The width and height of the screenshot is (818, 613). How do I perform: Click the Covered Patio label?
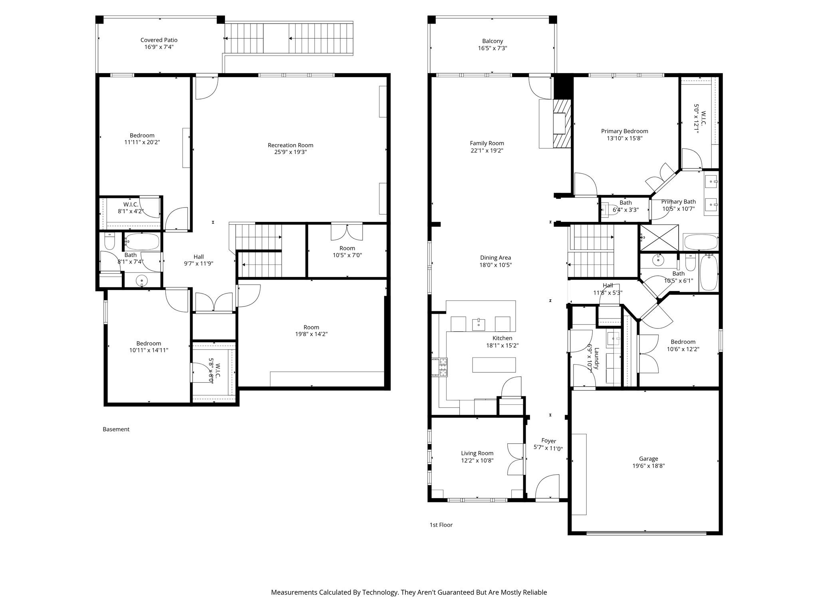159,40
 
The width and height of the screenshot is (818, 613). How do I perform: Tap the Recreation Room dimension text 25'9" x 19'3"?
290,152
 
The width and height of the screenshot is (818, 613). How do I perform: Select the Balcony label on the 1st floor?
492,41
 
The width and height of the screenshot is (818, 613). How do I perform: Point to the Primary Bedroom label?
624,131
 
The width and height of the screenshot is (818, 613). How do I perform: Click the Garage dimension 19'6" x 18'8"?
648,466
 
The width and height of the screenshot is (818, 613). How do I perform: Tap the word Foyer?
548,441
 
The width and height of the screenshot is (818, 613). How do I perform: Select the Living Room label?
477,453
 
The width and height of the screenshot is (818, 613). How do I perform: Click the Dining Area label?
495,258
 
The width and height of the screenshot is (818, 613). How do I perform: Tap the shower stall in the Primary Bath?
659,238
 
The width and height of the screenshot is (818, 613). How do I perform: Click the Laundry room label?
596,358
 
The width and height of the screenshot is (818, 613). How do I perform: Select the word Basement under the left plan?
116,429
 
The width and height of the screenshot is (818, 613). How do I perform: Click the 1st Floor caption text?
441,525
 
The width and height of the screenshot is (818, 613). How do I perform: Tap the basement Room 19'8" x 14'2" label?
311,327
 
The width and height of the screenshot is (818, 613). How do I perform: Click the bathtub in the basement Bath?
142,241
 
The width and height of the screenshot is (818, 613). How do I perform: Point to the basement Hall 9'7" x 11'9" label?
199,257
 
